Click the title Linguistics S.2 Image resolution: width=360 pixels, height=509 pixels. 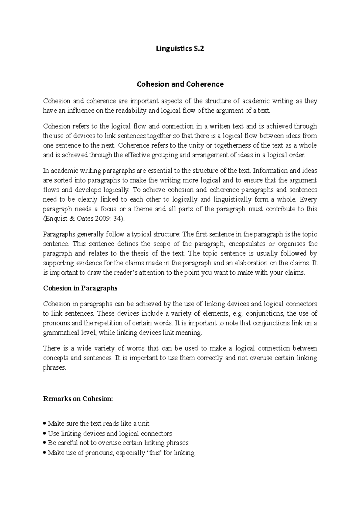click(x=180, y=49)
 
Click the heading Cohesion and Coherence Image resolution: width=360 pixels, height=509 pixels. click(x=180, y=84)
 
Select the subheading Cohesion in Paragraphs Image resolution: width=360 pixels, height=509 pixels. click(x=80, y=288)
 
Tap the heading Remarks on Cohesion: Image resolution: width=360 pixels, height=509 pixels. click(x=78, y=399)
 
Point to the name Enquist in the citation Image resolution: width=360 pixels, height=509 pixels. click(x=55, y=219)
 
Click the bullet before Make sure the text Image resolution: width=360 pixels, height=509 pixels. click(x=45, y=424)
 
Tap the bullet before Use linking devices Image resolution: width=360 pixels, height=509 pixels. click(x=45, y=434)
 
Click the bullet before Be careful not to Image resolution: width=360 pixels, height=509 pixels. click(x=45, y=443)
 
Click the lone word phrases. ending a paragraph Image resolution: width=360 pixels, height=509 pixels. click(x=54, y=368)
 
